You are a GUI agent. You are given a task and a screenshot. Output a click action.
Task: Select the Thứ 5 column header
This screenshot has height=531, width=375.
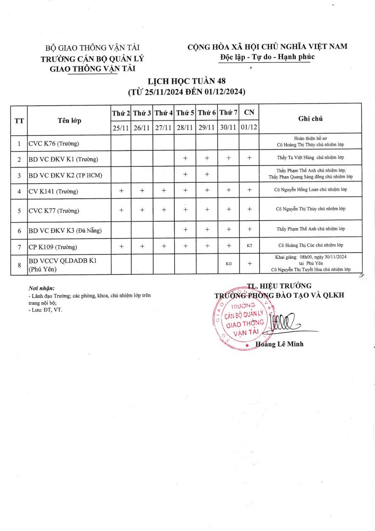coord(185,113)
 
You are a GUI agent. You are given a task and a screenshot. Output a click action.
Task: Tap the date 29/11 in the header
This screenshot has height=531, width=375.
coord(207,128)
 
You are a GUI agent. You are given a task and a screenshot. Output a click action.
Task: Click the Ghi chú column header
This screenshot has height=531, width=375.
coord(310,119)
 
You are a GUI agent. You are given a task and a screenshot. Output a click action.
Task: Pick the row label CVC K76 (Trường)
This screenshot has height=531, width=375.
coord(54,143)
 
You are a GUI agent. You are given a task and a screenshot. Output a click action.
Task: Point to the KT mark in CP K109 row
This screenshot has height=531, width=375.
coord(250,246)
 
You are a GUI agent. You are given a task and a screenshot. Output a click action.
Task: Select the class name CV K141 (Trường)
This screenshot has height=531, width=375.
coord(53,191)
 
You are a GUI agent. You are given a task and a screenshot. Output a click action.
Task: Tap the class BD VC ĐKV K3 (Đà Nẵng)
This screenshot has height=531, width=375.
coord(63,230)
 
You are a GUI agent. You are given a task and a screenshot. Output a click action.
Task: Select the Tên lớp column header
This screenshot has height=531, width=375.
coord(69,120)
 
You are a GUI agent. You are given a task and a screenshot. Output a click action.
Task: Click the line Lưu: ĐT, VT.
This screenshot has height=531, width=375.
coord(45,310)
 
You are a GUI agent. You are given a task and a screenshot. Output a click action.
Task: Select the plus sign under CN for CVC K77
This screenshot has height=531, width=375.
coord(250,210)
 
